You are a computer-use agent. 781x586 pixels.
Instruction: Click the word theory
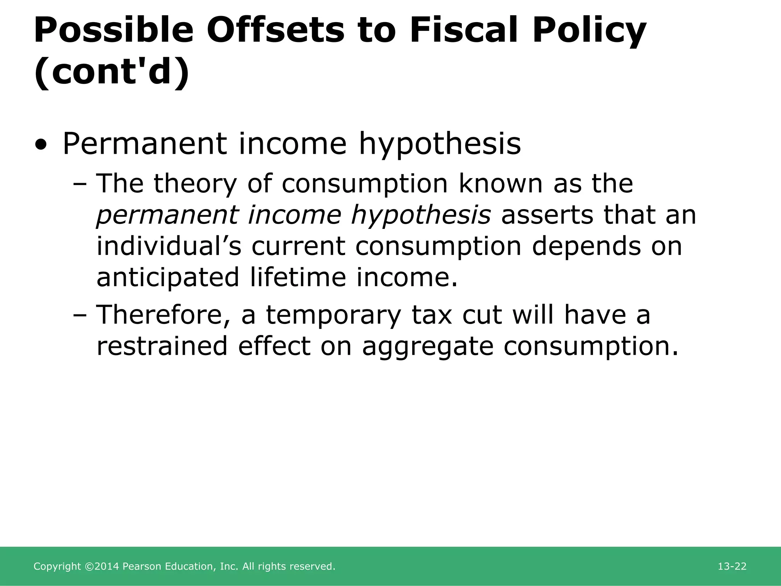[x=195, y=184]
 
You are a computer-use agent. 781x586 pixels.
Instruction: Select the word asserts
[x=547, y=215]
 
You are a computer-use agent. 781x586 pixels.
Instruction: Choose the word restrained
[x=162, y=346]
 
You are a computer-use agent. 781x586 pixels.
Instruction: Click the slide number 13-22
[x=732, y=567]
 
